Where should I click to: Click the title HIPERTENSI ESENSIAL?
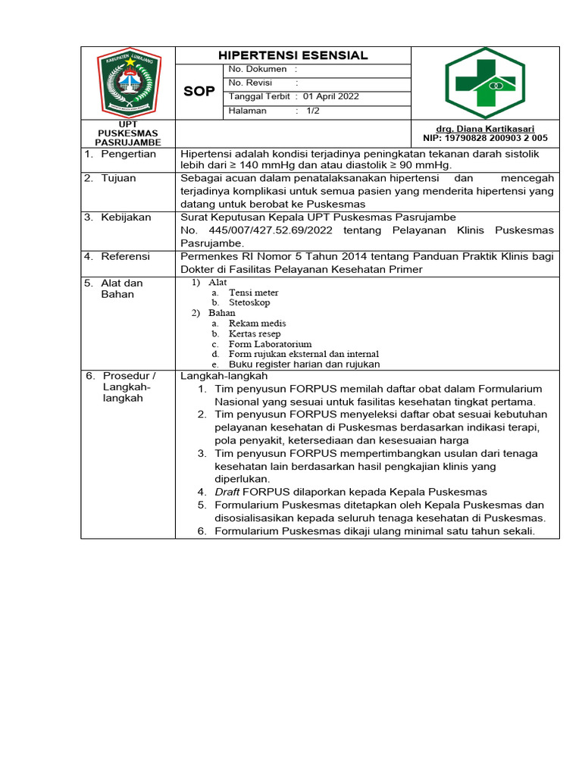293,55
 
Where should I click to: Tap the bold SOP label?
199,92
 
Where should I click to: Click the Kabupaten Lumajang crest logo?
128,82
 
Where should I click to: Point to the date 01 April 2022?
331,96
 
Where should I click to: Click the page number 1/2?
313,111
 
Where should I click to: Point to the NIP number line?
485,139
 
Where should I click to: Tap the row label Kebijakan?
125,217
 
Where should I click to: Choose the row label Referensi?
125,257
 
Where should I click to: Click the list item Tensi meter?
254,293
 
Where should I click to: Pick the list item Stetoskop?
249,302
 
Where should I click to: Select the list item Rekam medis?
258,324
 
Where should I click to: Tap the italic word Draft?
227,492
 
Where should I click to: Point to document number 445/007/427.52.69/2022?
264,230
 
